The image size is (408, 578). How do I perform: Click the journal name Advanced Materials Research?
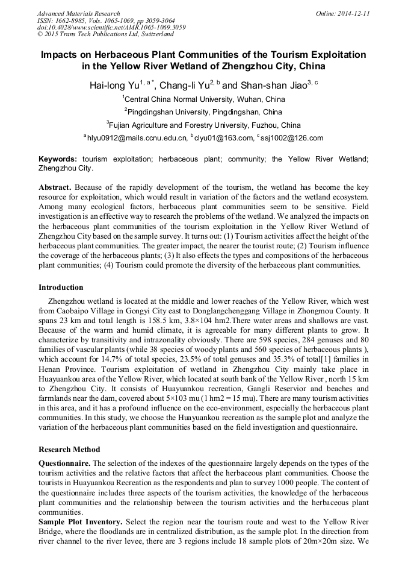coord(78,13)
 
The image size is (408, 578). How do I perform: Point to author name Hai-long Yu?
coord(114,86)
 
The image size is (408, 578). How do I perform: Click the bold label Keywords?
coord(58,159)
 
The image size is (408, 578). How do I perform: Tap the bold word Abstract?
coord(55,188)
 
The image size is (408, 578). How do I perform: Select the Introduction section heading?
coord(61,287)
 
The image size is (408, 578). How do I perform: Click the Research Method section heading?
coord(69,450)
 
